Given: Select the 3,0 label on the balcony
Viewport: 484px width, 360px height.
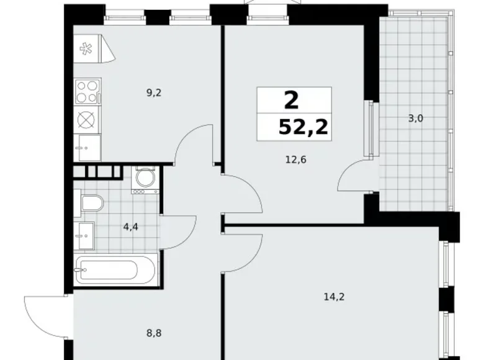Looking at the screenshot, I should (415, 118).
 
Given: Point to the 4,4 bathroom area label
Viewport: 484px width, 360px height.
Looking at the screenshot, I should (131, 227).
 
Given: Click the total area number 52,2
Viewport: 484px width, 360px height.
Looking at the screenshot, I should (304, 128).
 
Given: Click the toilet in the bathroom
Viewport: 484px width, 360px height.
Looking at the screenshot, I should (89, 204).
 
